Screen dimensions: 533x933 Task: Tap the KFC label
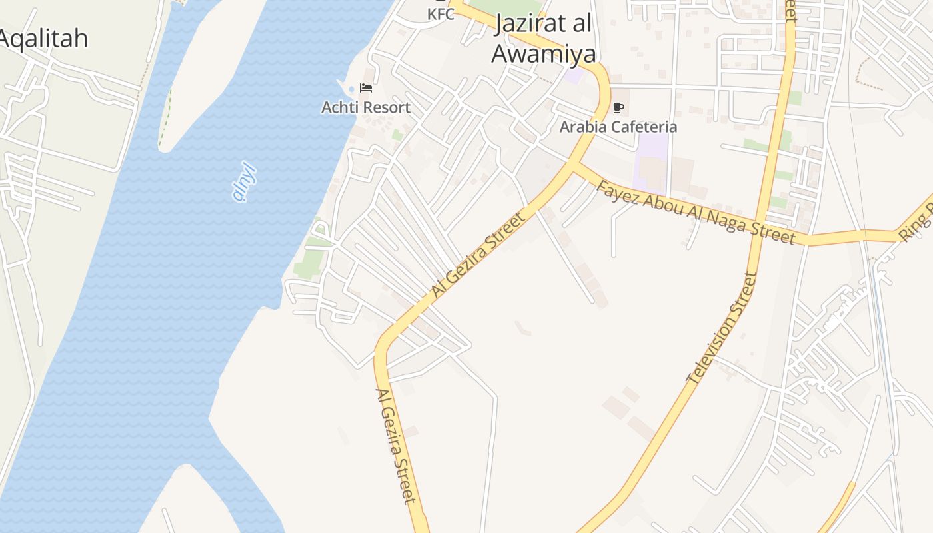click(441, 13)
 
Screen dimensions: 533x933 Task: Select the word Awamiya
click(544, 53)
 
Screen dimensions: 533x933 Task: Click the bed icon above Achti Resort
click(365, 88)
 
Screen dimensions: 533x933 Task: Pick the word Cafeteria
click(644, 127)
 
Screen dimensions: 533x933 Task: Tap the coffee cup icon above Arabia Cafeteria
click(618, 107)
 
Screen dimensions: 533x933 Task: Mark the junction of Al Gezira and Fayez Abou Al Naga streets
click(573, 165)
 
